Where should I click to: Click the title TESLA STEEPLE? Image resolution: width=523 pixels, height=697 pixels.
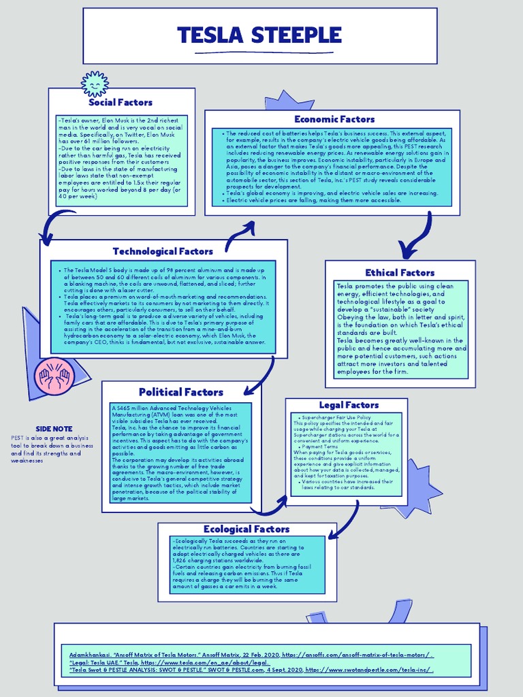(259, 35)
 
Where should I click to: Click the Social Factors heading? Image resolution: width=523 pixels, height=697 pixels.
(121, 102)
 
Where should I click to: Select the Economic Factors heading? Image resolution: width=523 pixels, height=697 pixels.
(334, 119)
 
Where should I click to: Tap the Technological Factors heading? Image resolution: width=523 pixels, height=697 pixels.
(163, 251)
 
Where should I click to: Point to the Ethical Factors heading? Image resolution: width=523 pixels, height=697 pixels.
(400, 272)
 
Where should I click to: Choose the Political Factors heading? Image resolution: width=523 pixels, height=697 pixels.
(180, 392)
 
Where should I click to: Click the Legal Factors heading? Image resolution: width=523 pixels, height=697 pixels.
(349, 405)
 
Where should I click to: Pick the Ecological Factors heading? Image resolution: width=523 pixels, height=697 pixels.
(247, 529)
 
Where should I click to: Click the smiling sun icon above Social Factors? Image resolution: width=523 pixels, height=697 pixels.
(95, 84)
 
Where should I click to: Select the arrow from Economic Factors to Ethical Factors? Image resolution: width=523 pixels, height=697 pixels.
(417, 238)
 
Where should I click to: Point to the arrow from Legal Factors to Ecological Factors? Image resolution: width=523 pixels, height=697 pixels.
(347, 517)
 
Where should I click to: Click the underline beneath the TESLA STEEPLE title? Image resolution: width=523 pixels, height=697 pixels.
(259, 52)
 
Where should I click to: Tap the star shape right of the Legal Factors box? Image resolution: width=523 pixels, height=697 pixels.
(417, 487)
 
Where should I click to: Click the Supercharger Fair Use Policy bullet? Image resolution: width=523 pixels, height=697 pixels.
(336, 417)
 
